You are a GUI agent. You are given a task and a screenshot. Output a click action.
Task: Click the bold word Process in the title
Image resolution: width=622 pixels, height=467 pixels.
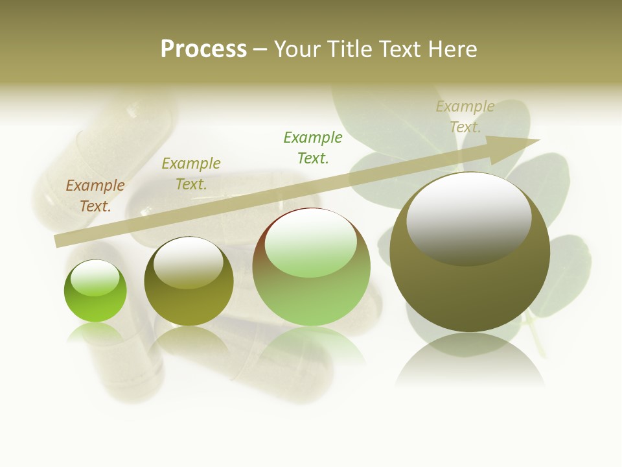click(203, 49)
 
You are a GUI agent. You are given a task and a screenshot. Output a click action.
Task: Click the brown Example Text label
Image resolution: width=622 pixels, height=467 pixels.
click(95, 196)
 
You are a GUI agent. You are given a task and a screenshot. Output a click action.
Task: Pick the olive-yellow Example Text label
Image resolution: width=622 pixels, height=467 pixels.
click(191, 174)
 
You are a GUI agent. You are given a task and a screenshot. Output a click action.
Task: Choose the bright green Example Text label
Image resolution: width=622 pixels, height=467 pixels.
click(313, 148)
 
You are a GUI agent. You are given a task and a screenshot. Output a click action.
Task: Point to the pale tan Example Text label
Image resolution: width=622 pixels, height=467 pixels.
click(465, 117)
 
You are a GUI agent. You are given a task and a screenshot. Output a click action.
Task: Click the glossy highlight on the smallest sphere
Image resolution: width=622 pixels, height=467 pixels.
click(95, 277)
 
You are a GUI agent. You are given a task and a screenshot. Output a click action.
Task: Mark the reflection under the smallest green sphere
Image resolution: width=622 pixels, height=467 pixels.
click(95, 332)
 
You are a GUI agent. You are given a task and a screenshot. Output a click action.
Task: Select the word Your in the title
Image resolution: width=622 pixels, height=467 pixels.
click(297, 49)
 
